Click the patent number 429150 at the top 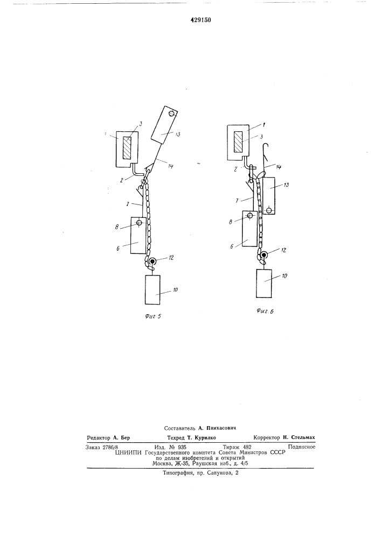pyautogui.click(x=200, y=20)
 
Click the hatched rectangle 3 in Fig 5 pyautogui.click(x=127, y=148)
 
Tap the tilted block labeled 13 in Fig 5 pyautogui.click(x=164, y=126)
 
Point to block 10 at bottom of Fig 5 pyautogui.click(x=153, y=289)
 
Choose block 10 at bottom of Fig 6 pyautogui.click(x=264, y=284)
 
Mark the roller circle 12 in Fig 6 pyautogui.click(x=264, y=255)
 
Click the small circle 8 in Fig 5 pyautogui.click(x=139, y=223)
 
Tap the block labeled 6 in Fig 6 pyautogui.click(x=250, y=228)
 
